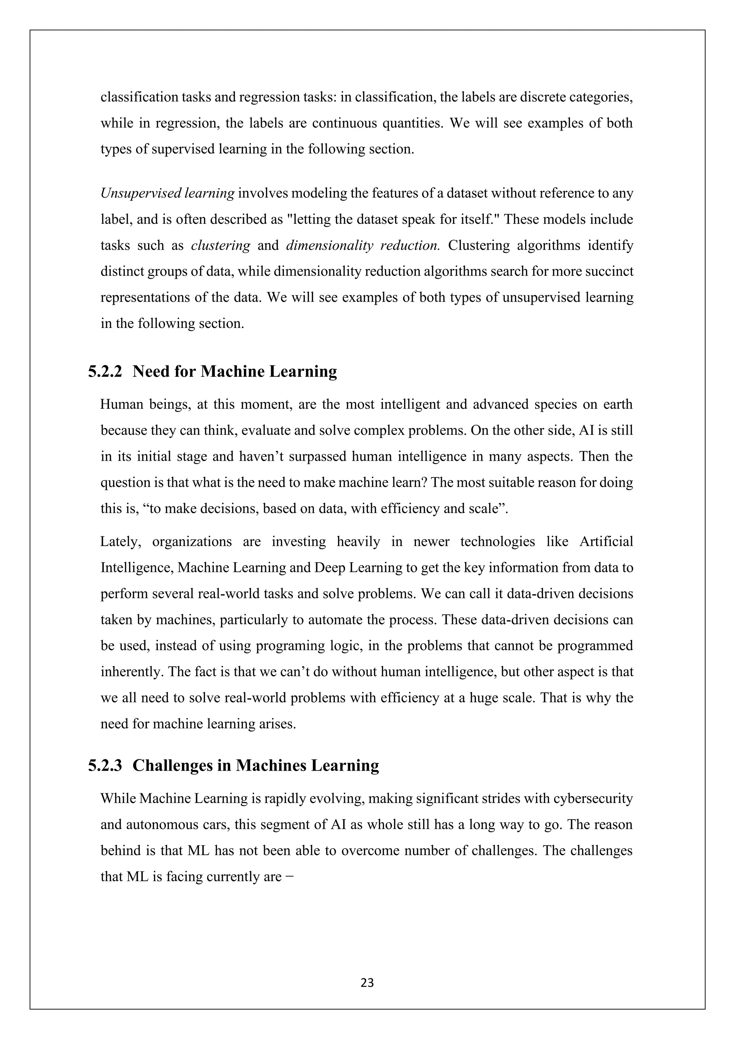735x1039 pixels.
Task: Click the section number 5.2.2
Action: point(105,372)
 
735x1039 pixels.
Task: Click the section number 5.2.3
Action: point(105,765)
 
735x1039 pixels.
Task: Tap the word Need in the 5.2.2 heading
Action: point(151,372)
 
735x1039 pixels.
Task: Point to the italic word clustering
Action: point(220,246)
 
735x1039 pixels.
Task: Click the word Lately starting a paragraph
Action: point(120,542)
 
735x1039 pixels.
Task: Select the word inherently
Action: point(131,672)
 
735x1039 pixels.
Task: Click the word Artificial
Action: point(606,542)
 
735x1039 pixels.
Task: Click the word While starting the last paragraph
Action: point(118,799)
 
